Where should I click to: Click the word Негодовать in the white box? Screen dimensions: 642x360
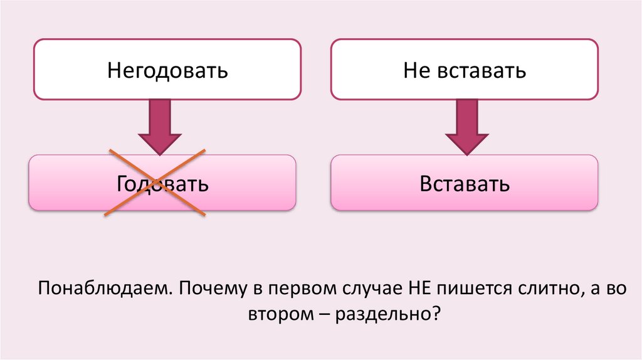tap(167, 70)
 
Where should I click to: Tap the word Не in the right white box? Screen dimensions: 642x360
tap(416, 70)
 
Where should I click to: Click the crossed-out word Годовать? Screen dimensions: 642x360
tap(162, 185)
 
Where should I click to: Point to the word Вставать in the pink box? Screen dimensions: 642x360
tap(465, 185)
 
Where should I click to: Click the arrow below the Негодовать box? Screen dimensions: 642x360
tap(160, 128)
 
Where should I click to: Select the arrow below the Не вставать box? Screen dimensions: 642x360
tap(465, 128)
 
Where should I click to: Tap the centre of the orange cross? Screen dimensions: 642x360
tap(155, 183)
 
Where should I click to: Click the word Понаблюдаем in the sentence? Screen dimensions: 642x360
tap(104, 289)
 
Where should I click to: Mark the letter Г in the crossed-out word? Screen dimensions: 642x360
tap(122, 185)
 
